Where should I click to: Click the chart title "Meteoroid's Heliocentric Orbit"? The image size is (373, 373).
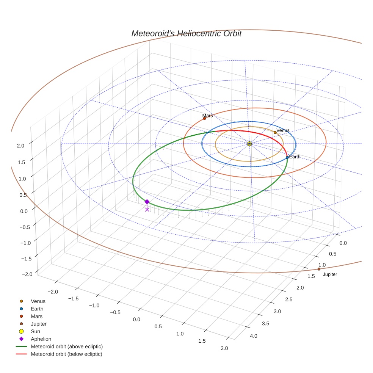(186, 34)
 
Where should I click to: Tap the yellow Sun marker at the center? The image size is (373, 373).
(249, 144)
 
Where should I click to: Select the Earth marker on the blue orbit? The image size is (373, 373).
(287, 157)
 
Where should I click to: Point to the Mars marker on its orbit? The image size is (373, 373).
(204, 118)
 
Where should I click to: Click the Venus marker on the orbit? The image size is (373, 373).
(275, 132)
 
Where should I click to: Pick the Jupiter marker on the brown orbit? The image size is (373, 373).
(319, 269)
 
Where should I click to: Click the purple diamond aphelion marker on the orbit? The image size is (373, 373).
(147, 202)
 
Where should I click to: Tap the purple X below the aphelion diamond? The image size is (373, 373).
(147, 209)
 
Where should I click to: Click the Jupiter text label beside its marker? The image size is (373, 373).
(330, 274)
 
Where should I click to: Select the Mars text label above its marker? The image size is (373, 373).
(207, 116)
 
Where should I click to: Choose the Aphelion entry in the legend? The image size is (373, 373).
(41, 339)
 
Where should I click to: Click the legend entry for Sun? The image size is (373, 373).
(36, 331)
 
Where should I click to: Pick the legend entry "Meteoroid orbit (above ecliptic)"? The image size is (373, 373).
(67, 346)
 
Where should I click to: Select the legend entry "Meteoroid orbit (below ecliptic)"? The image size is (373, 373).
(66, 354)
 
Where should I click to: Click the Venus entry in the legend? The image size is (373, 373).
(38, 301)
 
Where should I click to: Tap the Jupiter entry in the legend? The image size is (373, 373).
(39, 324)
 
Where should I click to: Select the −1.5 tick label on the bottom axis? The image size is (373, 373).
(73, 298)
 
